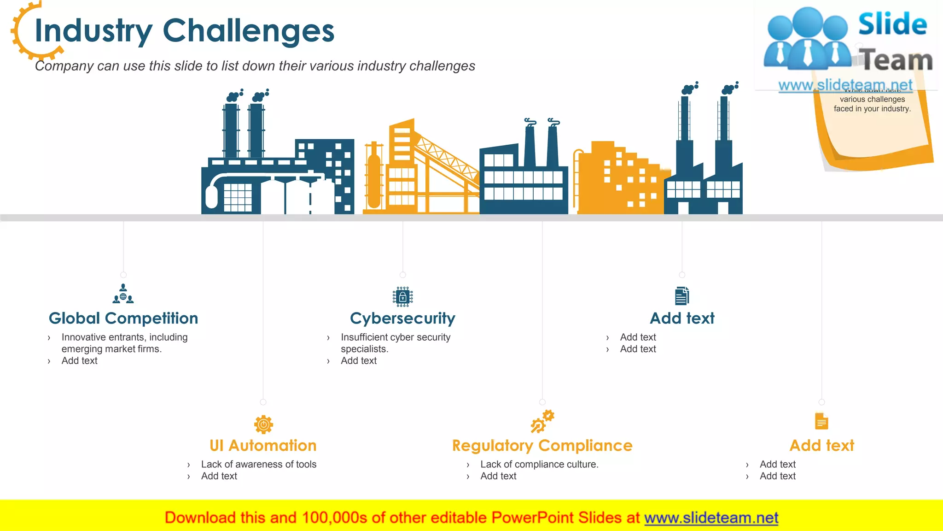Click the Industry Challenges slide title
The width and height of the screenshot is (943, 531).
point(184,31)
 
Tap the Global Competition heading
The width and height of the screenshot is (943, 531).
point(123,318)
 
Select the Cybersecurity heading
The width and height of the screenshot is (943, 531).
point(402,318)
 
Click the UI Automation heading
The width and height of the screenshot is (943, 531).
point(263,445)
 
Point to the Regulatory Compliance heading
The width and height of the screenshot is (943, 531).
point(542,445)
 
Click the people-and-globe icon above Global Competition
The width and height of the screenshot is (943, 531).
point(123,294)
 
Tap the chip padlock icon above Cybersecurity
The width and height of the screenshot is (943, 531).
point(402,296)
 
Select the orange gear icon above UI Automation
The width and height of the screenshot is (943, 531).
point(263,424)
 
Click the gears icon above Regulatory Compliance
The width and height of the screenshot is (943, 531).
point(542,421)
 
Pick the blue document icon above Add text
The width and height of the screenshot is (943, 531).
point(682,296)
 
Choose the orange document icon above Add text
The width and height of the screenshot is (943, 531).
point(821,421)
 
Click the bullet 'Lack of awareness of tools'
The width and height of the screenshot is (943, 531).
point(258,464)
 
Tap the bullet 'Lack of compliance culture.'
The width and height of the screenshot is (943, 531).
point(539,464)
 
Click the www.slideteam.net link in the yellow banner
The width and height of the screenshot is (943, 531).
point(711,518)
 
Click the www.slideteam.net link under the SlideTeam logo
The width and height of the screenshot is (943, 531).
point(845,85)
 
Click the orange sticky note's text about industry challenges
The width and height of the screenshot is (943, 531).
point(872,104)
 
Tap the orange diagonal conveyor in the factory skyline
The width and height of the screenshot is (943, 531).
point(447,159)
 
